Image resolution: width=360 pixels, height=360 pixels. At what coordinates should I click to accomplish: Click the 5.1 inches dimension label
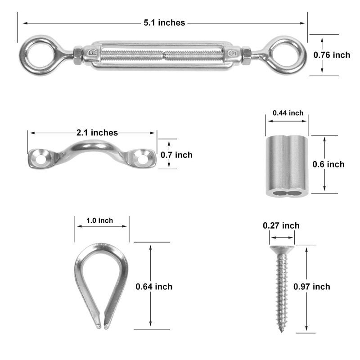coord(164,22)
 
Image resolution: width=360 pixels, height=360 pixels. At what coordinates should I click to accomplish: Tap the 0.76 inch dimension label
coord(332,55)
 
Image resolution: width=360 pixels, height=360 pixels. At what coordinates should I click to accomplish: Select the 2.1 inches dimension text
coord(97,133)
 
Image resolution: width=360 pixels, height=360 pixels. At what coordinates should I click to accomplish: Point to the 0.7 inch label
coord(176,155)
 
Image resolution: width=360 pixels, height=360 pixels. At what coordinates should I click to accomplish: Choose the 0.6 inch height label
coord(328,164)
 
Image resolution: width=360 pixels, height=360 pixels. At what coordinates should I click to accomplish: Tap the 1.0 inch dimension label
coord(100,220)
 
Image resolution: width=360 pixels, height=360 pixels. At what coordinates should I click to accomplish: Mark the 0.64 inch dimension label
coord(154,286)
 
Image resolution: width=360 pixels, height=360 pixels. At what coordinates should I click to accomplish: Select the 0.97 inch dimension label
coord(311,287)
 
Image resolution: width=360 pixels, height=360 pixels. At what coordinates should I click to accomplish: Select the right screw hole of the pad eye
coord(143,158)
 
